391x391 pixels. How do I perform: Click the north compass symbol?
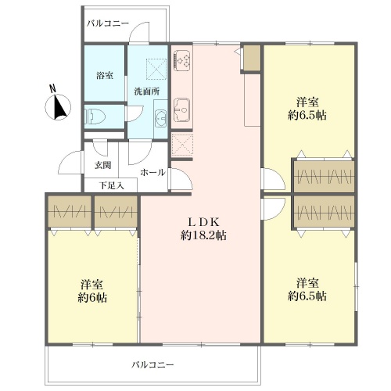58,107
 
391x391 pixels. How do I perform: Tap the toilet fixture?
95,117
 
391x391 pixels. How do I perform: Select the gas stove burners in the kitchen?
182,60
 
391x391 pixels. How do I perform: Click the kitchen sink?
181,109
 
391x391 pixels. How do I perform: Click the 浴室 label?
105,76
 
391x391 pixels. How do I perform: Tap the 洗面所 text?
147,91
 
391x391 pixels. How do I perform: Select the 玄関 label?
103,165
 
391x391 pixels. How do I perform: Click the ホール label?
152,172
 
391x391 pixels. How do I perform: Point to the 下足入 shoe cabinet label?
111,185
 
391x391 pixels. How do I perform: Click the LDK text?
203,222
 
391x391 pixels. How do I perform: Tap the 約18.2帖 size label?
203,235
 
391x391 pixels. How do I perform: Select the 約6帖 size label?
92,297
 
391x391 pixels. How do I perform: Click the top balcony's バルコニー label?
108,23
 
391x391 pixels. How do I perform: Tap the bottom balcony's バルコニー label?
152,364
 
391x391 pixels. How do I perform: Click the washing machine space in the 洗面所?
156,69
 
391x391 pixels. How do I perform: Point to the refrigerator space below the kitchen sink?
182,145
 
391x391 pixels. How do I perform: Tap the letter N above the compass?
53,88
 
